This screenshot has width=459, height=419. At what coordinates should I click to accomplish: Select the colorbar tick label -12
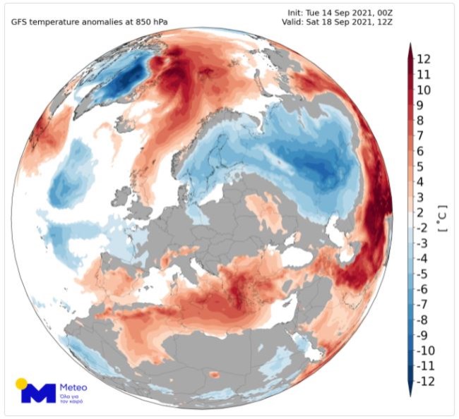pos(425,381)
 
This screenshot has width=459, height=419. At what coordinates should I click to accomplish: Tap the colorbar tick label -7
pos(425,305)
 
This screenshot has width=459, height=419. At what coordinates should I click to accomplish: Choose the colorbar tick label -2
pos(425,228)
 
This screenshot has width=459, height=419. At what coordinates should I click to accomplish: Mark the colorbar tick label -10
pos(425,351)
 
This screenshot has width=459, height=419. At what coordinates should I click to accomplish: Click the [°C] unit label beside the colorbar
pos(443,219)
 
